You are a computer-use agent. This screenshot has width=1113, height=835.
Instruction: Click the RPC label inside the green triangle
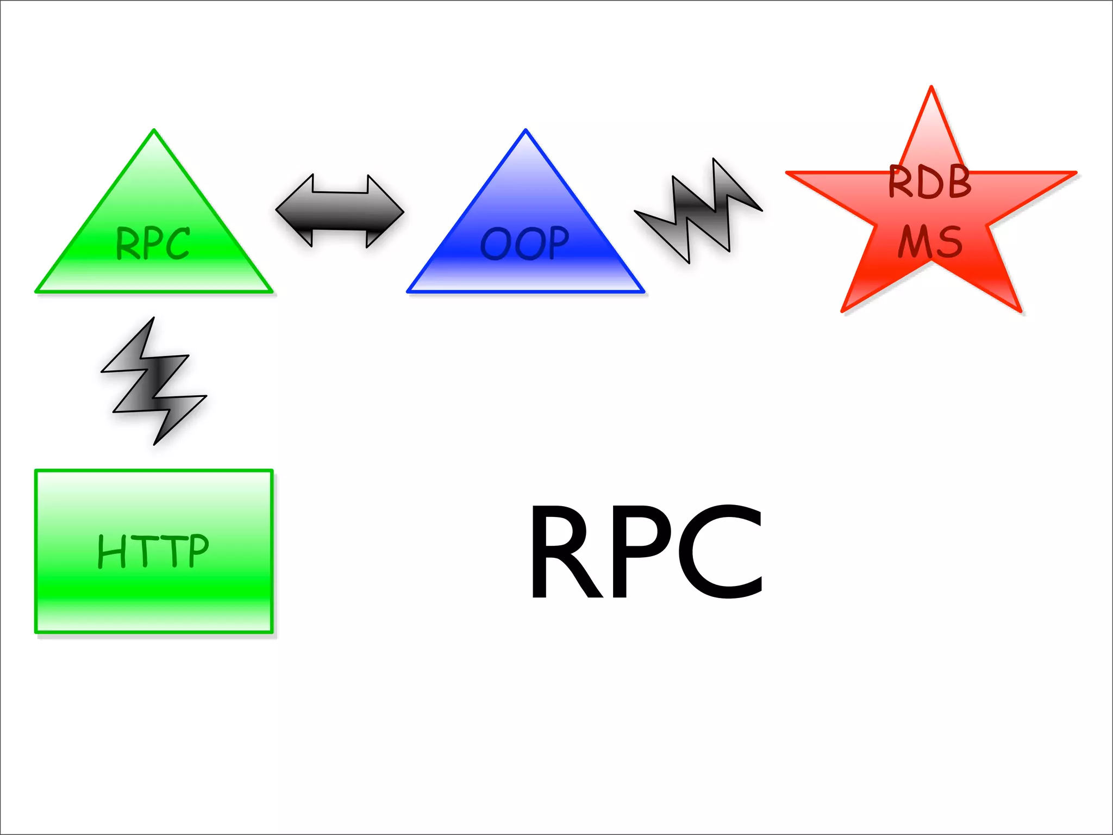pos(153,243)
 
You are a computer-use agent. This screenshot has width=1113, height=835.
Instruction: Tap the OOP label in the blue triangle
pos(525,243)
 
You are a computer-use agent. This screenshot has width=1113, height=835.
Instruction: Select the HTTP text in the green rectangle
pos(153,551)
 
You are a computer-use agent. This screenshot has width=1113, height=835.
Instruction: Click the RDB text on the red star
pos(930,182)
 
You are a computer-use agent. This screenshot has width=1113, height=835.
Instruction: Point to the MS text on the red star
pos(930,242)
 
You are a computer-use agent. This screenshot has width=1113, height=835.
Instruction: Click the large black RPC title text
pos(647,552)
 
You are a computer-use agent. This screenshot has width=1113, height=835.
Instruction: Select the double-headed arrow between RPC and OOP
pos(340,211)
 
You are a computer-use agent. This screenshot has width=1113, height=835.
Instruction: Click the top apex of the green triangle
pos(154,133)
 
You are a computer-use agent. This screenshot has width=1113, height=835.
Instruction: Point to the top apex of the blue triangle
pos(526,133)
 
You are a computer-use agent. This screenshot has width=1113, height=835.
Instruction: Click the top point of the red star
pos(931,90)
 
